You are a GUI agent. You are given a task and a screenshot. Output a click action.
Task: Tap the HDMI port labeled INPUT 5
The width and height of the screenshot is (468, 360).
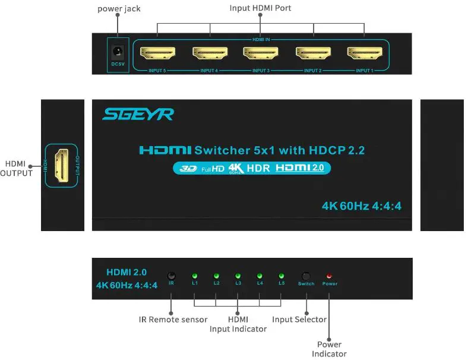[x=157, y=54]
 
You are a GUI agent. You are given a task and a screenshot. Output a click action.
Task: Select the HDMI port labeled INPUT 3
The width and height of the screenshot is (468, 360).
[x=261, y=54]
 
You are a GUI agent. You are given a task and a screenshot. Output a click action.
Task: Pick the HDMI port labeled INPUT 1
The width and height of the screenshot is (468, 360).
[x=364, y=54]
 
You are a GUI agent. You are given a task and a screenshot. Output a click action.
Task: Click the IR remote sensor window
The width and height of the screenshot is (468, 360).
[x=171, y=276]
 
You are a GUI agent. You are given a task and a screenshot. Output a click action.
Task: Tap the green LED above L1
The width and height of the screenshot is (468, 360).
[x=194, y=276]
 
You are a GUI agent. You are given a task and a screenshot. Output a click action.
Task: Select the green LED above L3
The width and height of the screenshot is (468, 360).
[x=238, y=276]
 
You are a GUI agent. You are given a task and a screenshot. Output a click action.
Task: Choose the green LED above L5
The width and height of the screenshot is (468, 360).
[x=281, y=276]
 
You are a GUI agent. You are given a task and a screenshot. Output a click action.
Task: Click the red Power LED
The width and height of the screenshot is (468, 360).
[x=330, y=276]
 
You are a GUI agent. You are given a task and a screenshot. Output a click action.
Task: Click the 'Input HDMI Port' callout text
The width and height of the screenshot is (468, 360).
[x=260, y=8]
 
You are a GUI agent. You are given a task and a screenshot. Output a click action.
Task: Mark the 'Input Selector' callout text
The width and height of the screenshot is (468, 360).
[x=299, y=320]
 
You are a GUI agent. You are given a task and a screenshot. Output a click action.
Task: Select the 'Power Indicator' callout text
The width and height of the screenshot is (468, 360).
[x=329, y=349]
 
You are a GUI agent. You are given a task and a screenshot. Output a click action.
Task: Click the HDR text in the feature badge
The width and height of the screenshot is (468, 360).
[x=258, y=168]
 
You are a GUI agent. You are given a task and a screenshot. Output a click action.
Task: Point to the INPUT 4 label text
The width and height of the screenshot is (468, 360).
[x=208, y=71]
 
